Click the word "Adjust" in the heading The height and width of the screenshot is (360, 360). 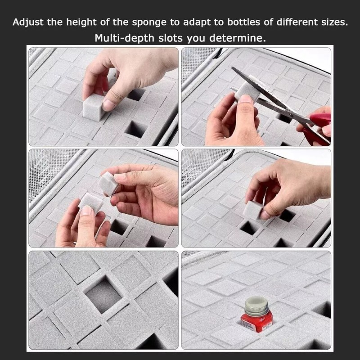coord(27,22)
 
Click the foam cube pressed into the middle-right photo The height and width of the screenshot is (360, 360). coord(254,209)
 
